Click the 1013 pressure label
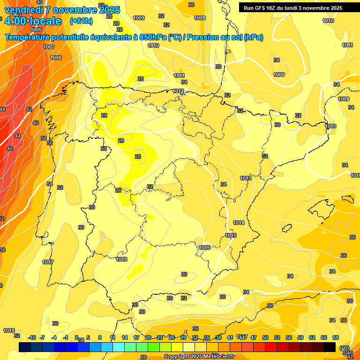246,178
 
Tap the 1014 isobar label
239,223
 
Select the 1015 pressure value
231,235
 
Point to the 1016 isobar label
204,247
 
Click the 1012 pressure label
178,91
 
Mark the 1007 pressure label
49,47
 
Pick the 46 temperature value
10,149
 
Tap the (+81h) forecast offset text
81,21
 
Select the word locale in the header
45,21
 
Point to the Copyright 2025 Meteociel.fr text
199,356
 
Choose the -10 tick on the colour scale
32,337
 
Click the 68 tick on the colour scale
336,337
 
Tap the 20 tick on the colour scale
148,337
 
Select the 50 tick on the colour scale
265,337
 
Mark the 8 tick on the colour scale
100,337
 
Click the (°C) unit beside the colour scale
345,347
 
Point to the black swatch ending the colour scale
330,346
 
